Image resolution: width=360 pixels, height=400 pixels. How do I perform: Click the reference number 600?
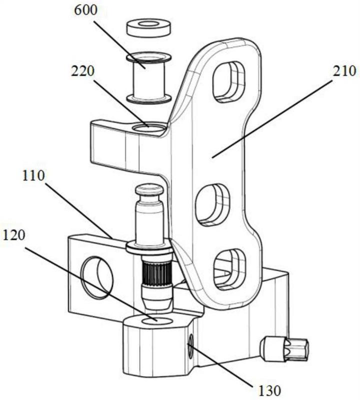click(85, 10)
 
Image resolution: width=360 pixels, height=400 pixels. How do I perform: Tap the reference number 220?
click(82, 71)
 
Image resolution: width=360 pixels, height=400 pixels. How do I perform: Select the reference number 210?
click(344, 71)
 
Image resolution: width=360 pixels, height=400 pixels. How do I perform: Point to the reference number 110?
click(33, 176)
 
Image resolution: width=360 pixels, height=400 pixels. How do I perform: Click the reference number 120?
click(13, 235)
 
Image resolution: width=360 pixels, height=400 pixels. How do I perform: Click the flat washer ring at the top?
click(149, 27)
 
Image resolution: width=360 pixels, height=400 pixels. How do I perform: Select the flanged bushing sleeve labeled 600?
click(149, 78)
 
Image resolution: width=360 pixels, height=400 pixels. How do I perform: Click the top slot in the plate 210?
click(229, 82)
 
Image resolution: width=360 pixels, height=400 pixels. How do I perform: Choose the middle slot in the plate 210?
click(212, 205)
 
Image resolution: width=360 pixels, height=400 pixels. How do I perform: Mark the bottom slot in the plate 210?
click(229, 269)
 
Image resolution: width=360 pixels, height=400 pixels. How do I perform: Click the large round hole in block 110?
click(96, 277)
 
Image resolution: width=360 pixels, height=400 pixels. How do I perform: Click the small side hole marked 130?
click(190, 347)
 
